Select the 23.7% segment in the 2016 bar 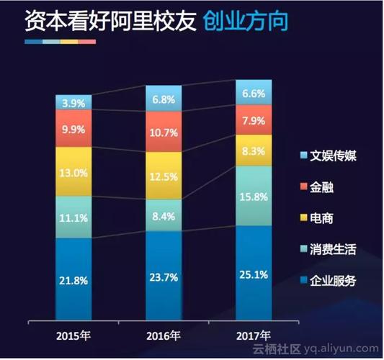(x=164, y=277)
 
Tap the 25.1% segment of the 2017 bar (x=254, y=274)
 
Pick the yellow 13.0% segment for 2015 (x=74, y=172)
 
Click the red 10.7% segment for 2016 (x=164, y=132)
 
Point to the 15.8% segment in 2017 (x=254, y=196)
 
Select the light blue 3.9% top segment (x=74, y=102)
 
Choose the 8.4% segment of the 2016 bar (x=164, y=215)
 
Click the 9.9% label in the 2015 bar (x=74, y=129)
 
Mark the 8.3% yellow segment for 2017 (x=254, y=150)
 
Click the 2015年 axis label (x=74, y=336)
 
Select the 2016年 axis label (x=164, y=336)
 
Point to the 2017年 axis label (x=254, y=336)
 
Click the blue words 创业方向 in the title (x=245, y=22)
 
